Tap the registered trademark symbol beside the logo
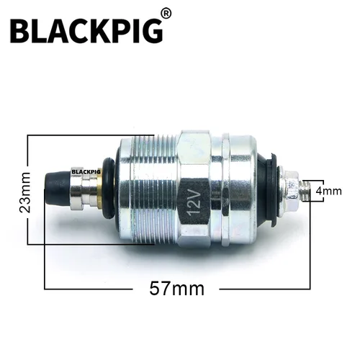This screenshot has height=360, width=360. point(166,14)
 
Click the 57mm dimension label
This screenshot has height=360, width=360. point(177,289)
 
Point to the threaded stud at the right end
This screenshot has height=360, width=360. point(306,190)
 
